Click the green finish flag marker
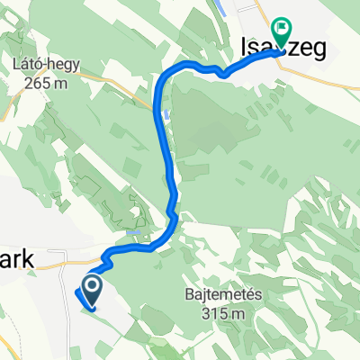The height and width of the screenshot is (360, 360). (x=282, y=32)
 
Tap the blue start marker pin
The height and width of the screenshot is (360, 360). (x=92, y=290)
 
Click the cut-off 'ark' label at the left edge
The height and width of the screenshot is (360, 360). (x=16, y=259)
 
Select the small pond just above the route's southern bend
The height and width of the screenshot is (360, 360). (x=134, y=232)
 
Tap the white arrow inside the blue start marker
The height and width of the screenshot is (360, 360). (x=92, y=288)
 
